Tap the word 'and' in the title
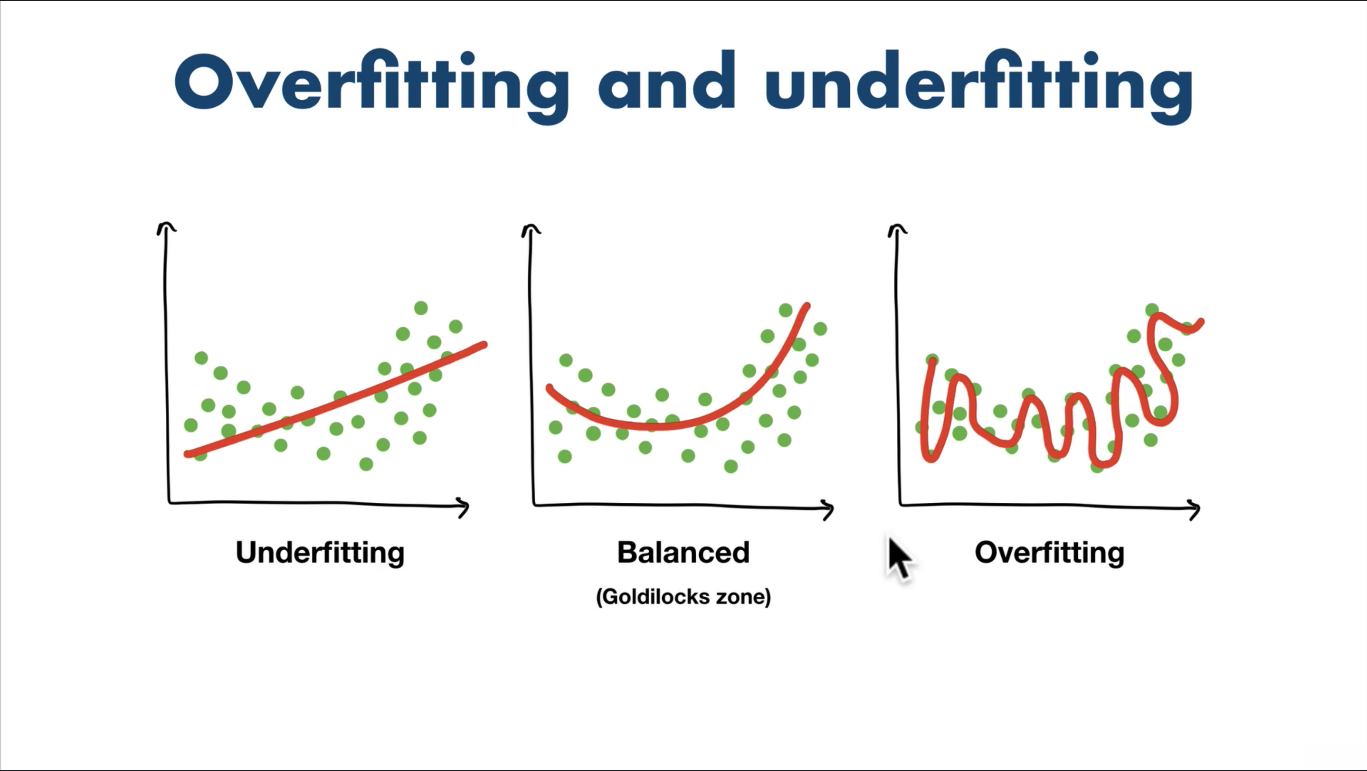tap(667, 81)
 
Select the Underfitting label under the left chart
tap(320, 554)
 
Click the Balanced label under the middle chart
tap(683, 553)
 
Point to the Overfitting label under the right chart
tap(1050, 554)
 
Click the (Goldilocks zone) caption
tap(683, 597)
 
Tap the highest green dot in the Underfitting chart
tap(421, 308)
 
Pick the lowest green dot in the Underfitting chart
tap(366, 464)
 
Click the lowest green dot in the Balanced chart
tap(731, 466)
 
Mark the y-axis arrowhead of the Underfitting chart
tap(167, 227)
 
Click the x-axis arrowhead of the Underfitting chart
tap(464, 508)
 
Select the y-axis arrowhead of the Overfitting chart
tap(897, 230)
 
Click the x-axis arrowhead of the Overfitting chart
tap(1195, 509)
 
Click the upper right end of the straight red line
tap(484, 345)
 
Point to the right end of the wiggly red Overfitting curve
tap(1201, 322)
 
